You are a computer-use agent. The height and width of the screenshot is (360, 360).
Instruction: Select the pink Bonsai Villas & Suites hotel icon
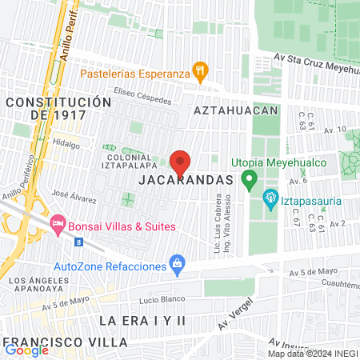click(x=58, y=221)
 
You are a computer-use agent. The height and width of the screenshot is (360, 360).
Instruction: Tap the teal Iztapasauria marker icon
click(x=270, y=197)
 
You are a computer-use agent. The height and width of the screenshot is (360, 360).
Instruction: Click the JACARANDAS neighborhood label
click(x=186, y=181)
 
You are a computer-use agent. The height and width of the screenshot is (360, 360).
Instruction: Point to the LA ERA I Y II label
click(x=142, y=320)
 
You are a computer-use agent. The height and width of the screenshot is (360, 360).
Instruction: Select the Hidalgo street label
click(x=66, y=146)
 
